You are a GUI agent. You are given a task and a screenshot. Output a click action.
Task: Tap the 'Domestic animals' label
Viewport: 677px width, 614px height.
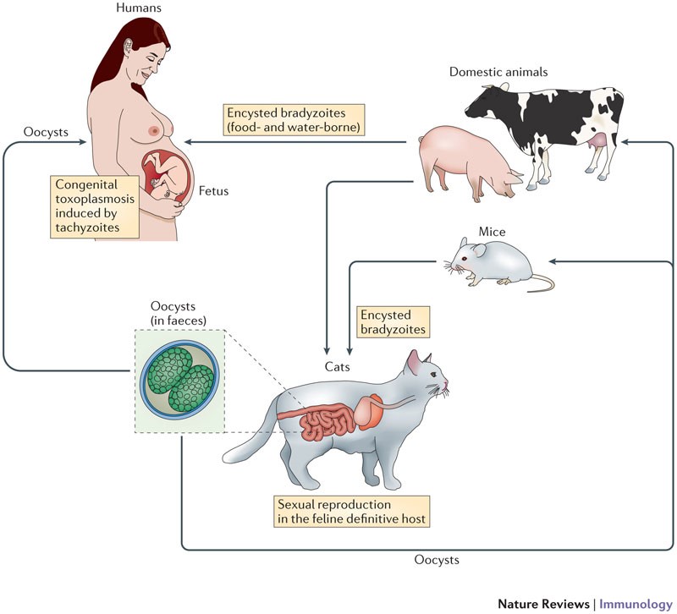(x=498, y=72)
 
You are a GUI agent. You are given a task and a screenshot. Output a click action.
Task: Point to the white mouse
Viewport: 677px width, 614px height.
(x=487, y=257)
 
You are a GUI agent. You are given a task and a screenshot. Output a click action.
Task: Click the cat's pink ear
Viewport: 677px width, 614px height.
(x=416, y=363)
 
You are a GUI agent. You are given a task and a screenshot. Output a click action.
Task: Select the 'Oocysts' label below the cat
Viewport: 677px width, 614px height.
(x=438, y=560)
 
